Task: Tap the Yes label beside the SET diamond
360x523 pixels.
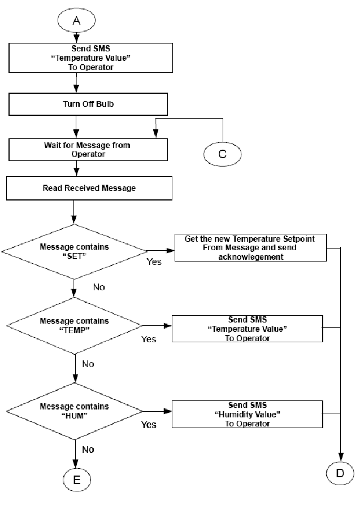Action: tap(154, 262)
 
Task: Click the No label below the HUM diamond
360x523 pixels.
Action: tap(88, 450)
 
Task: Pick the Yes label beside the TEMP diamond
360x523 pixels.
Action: tap(149, 339)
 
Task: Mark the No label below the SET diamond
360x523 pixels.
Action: tap(99, 287)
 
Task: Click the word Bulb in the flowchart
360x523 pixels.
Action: tap(105, 104)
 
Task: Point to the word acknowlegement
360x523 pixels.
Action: tap(250, 257)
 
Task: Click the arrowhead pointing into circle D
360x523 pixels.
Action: tap(341, 456)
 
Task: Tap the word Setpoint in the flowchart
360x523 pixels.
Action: tap(298, 239)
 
